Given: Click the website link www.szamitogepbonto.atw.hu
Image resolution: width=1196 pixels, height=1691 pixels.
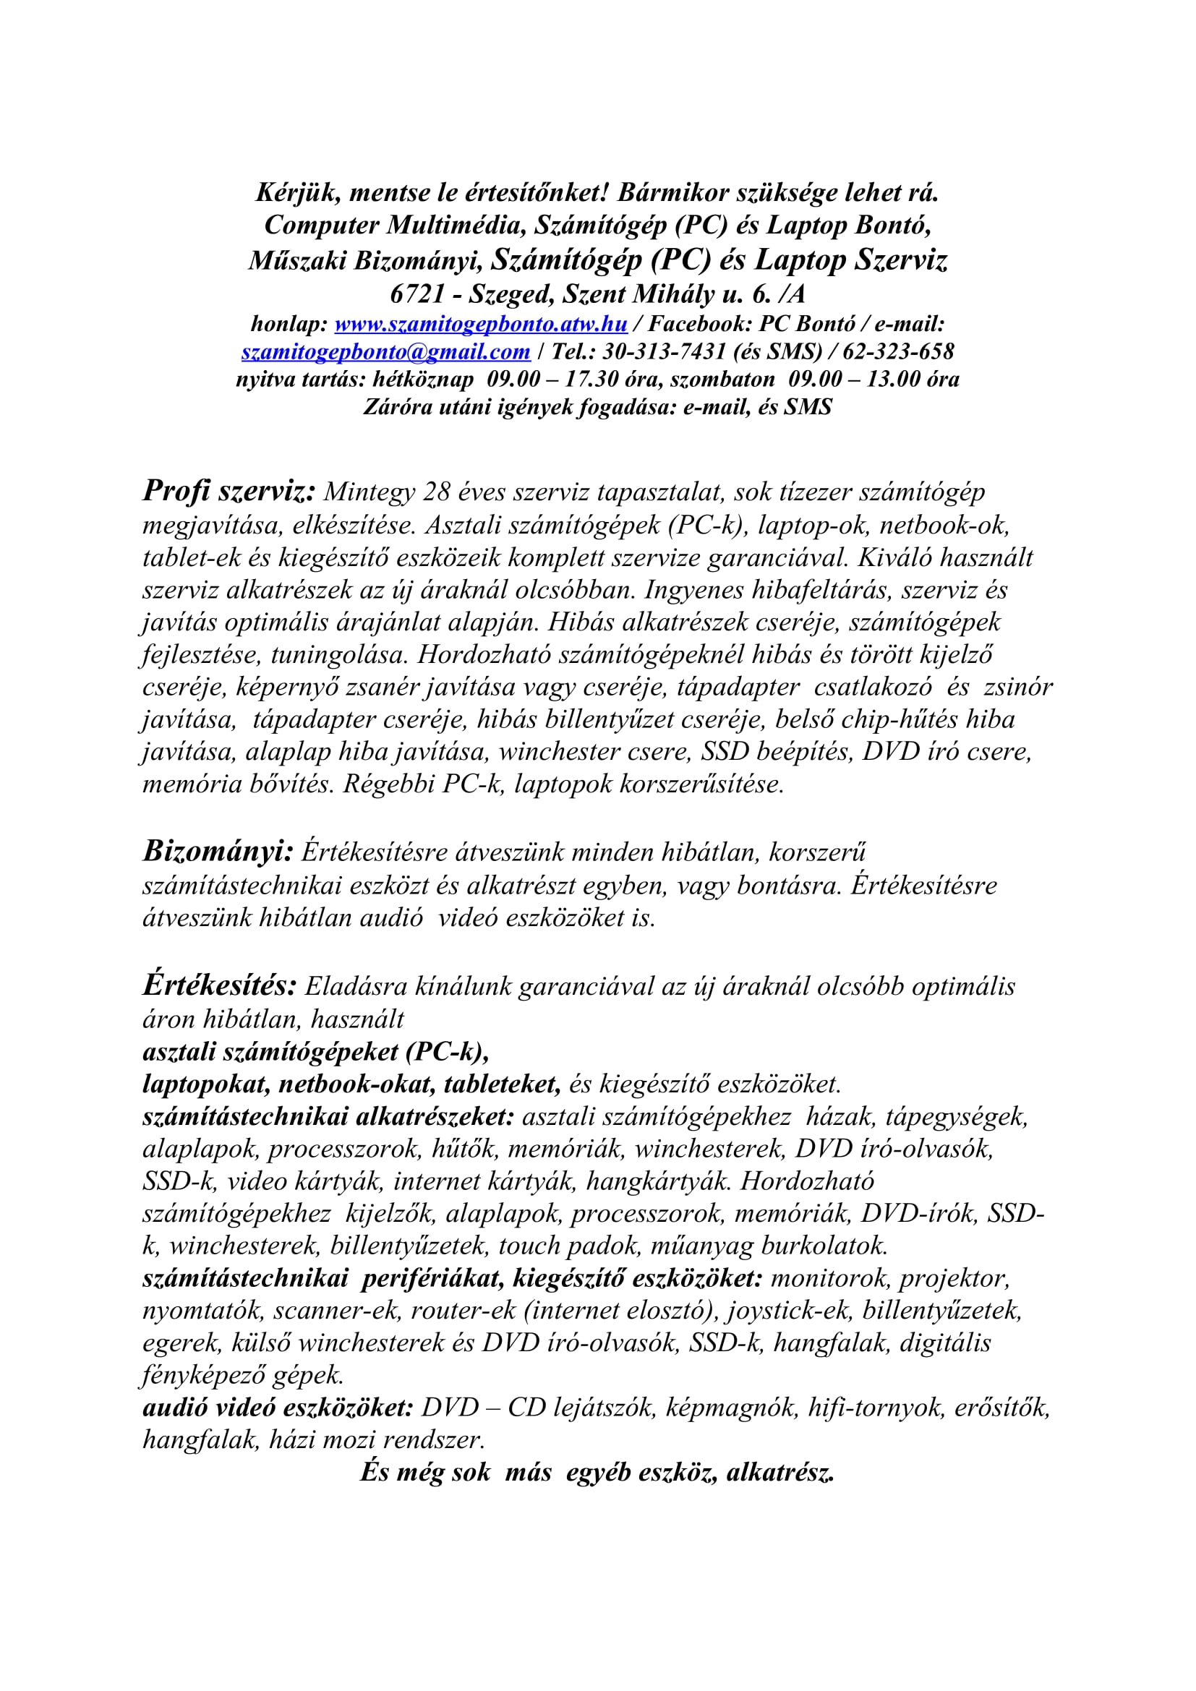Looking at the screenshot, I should click(x=481, y=324).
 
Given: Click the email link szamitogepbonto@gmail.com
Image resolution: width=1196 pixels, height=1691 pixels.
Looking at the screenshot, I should click(x=386, y=352).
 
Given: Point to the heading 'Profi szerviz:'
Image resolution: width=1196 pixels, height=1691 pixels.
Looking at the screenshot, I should click(x=229, y=491).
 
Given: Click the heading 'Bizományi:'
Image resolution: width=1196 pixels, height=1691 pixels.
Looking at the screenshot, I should click(x=218, y=852).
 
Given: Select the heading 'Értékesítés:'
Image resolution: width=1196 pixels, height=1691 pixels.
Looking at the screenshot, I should click(x=220, y=985).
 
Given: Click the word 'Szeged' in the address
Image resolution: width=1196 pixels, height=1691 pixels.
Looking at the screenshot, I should click(x=511, y=294).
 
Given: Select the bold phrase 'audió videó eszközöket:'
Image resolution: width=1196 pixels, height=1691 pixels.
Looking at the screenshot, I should click(x=278, y=1408).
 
